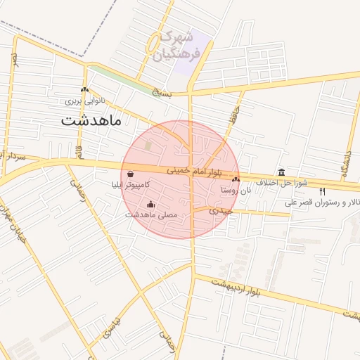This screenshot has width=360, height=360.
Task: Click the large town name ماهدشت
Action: coord(91,120)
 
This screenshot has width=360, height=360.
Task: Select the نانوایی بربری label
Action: coord(85,101)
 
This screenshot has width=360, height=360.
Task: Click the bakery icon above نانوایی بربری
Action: coord(85,90)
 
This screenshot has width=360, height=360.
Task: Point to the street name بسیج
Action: coord(162,91)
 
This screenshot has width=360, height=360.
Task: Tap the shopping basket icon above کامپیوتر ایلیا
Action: coord(131,174)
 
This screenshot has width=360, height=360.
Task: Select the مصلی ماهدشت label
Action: coord(151,214)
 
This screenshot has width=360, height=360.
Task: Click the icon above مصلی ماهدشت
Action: coord(151,204)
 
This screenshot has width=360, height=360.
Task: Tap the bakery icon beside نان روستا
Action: coord(236,180)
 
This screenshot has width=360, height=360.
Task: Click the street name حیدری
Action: coord(223,210)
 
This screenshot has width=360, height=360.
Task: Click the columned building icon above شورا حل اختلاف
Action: coord(282,172)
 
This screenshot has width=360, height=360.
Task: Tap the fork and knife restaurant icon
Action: coord(323,191)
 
